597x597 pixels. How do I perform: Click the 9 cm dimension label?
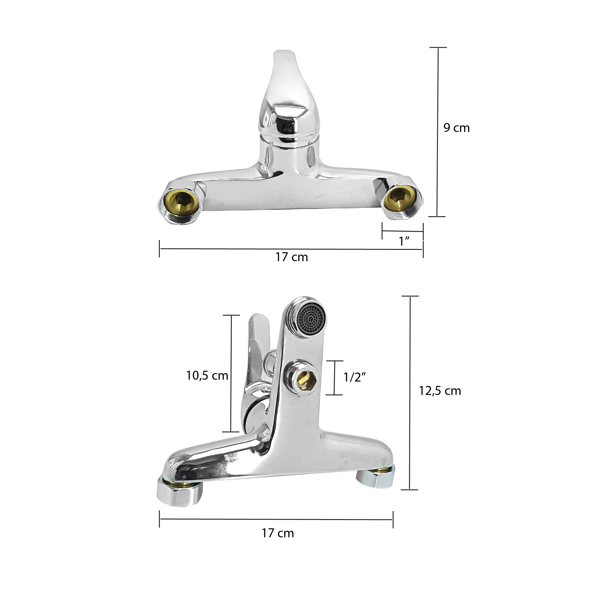pyautogui.click(x=456, y=128)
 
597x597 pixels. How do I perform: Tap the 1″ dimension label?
pyautogui.click(x=404, y=241)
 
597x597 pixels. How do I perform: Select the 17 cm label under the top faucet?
pyautogui.click(x=291, y=257)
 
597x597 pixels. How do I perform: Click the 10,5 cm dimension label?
pyautogui.click(x=207, y=376)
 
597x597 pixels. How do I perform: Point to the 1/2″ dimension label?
pyautogui.click(x=355, y=377)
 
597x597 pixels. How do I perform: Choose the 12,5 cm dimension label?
pyautogui.click(x=440, y=391)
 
